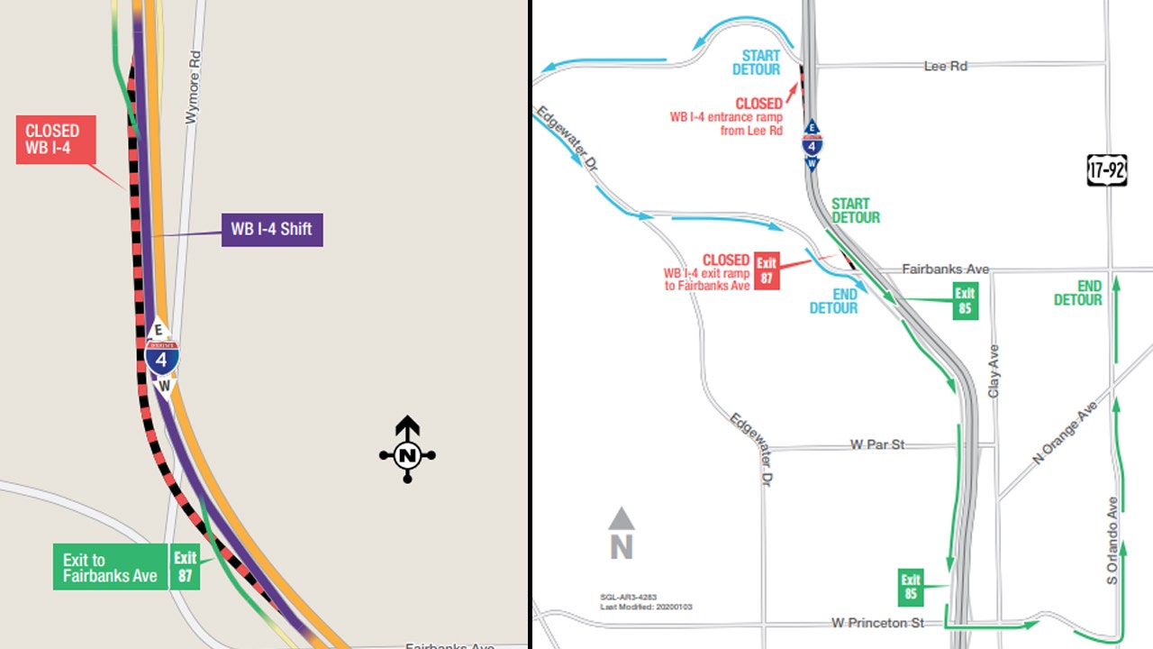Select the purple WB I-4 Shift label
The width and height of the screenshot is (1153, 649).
coord(271,229)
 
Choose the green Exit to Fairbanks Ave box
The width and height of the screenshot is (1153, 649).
coord(110,568)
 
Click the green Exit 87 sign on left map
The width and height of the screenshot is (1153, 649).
coord(186,567)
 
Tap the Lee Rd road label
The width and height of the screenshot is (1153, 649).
coord(945,66)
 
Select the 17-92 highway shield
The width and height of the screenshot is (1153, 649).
coord(1107,169)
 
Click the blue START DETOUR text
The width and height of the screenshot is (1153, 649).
coord(756,63)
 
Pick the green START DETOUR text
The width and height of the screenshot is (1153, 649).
coord(856,211)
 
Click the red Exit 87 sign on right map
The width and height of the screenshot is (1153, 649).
coord(767,270)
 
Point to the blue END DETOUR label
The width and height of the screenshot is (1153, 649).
coord(833,301)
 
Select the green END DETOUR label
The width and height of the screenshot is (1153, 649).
coord(1078,293)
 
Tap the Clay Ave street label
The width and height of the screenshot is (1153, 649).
coord(994,371)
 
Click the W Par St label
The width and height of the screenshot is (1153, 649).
coord(877,444)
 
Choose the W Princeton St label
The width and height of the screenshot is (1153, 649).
coord(877,623)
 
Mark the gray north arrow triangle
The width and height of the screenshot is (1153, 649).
coord(622,519)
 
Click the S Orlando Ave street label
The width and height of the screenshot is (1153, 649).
coord(1112,541)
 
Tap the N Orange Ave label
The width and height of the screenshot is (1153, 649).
coord(1064,433)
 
